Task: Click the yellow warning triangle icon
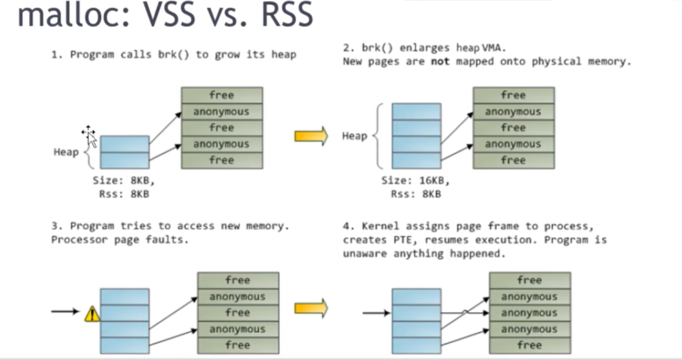pyautogui.click(x=92, y=314)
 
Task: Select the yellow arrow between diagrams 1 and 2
pyautogui.click(x=311, y=137)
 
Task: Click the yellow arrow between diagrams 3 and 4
pyautogui.click(x=311, y=308)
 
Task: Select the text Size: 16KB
pyautogui.click(x=415, y=181)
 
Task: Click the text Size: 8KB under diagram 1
pyautogui.click(x=124, y=181)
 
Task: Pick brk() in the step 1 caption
pyautogui.click(x=171, y=55)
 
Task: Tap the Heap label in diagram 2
pyautogui.click(x=354, y=136)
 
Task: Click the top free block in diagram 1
pyautogui.click(x=222, y=95)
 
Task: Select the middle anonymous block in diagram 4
pyautogui.click(x=530, y=313)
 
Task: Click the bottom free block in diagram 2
pyautogui.click(x=513, y=160)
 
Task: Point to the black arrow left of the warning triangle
pyautogui.click(x=65, y=311)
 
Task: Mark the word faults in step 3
pyautogui.click(x=171, y=240)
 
